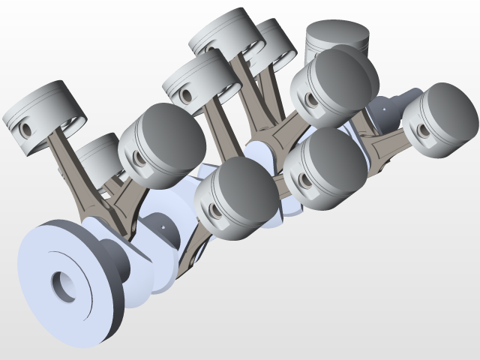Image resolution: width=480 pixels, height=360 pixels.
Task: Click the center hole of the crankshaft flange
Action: click(x=63, y=285)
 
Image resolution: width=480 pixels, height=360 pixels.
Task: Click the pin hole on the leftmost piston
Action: click(x=28, y=129)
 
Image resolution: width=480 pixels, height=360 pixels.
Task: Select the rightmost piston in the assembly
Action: click(x=440, y=120)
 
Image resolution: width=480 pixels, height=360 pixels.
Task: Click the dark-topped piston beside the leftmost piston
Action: click(x=161, y=146)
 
